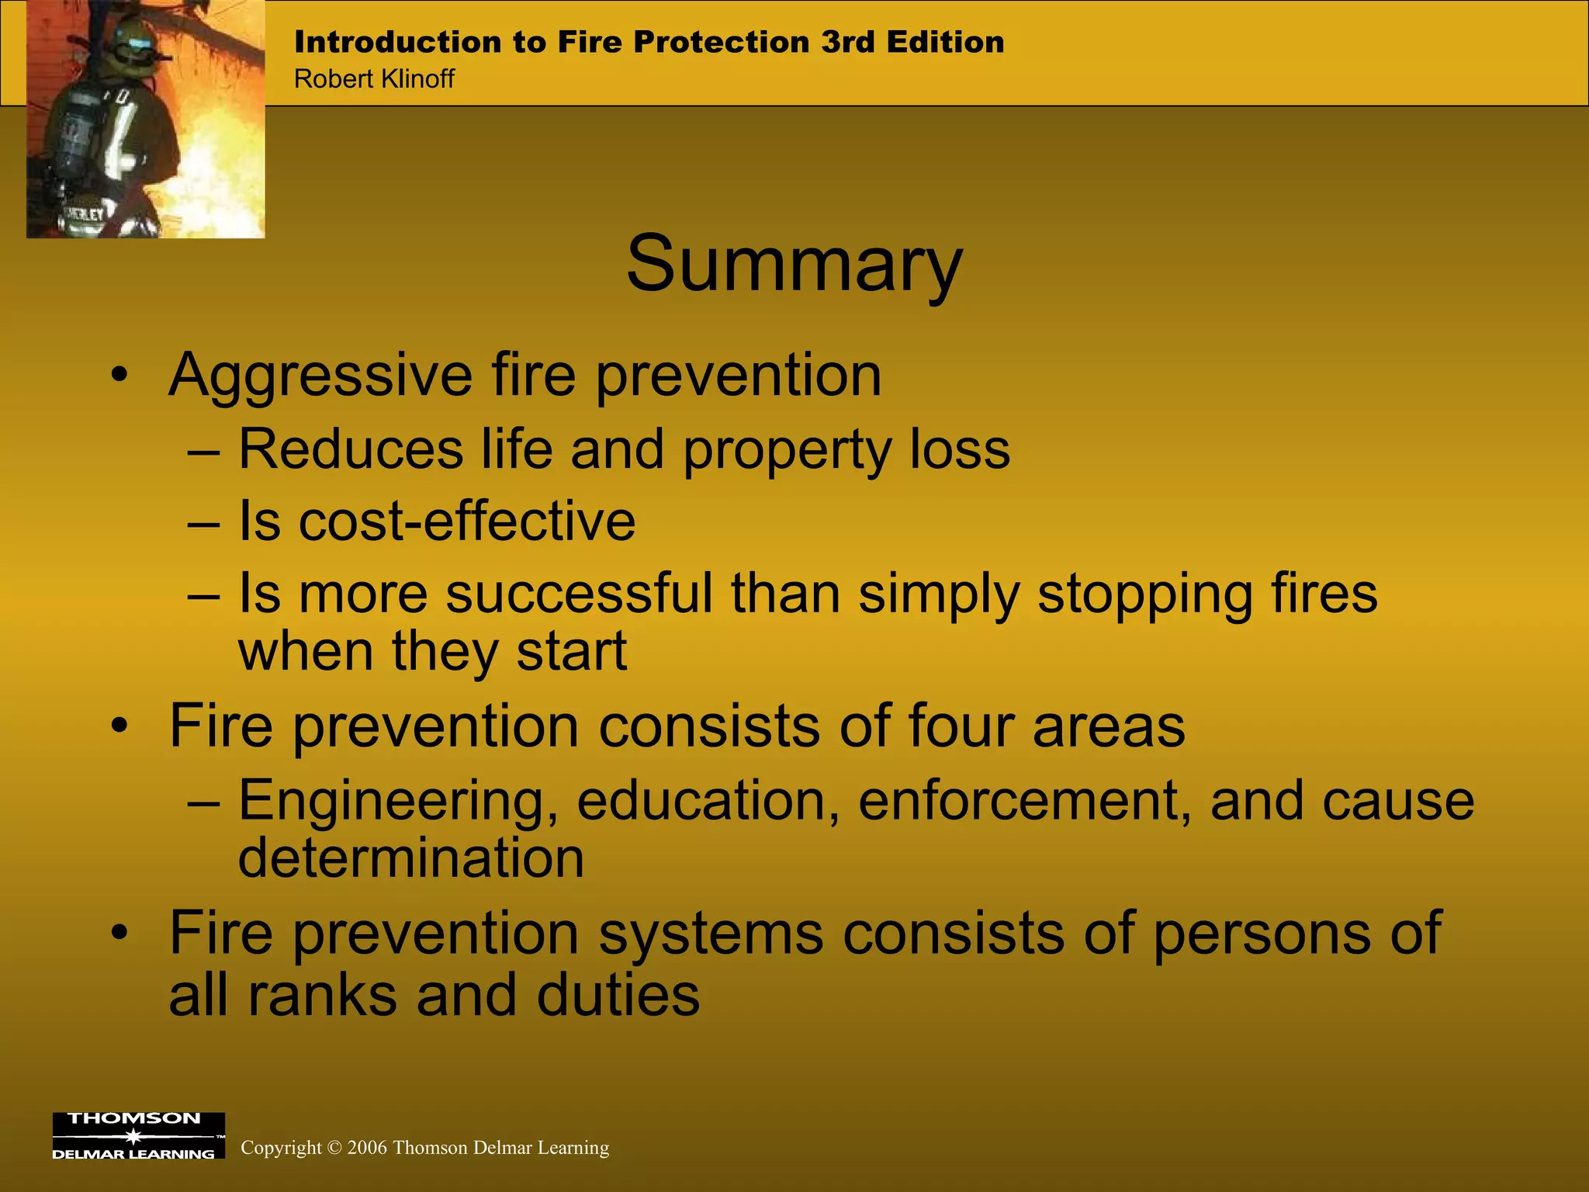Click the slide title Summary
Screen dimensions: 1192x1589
pos(794,265)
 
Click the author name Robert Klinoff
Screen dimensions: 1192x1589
pos(374,79)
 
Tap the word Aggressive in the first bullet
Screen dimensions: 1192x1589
pos(320,376)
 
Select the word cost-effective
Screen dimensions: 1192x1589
pos(466,521)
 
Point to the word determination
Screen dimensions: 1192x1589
pos(410,858)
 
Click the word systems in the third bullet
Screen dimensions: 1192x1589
pos(711,934)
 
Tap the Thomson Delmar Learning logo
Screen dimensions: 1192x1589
pos(138,1135)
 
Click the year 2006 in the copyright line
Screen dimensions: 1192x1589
pos(367,1148)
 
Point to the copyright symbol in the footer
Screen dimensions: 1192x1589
pos(334,1148)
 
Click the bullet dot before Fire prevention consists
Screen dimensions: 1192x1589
pos(118,726)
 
